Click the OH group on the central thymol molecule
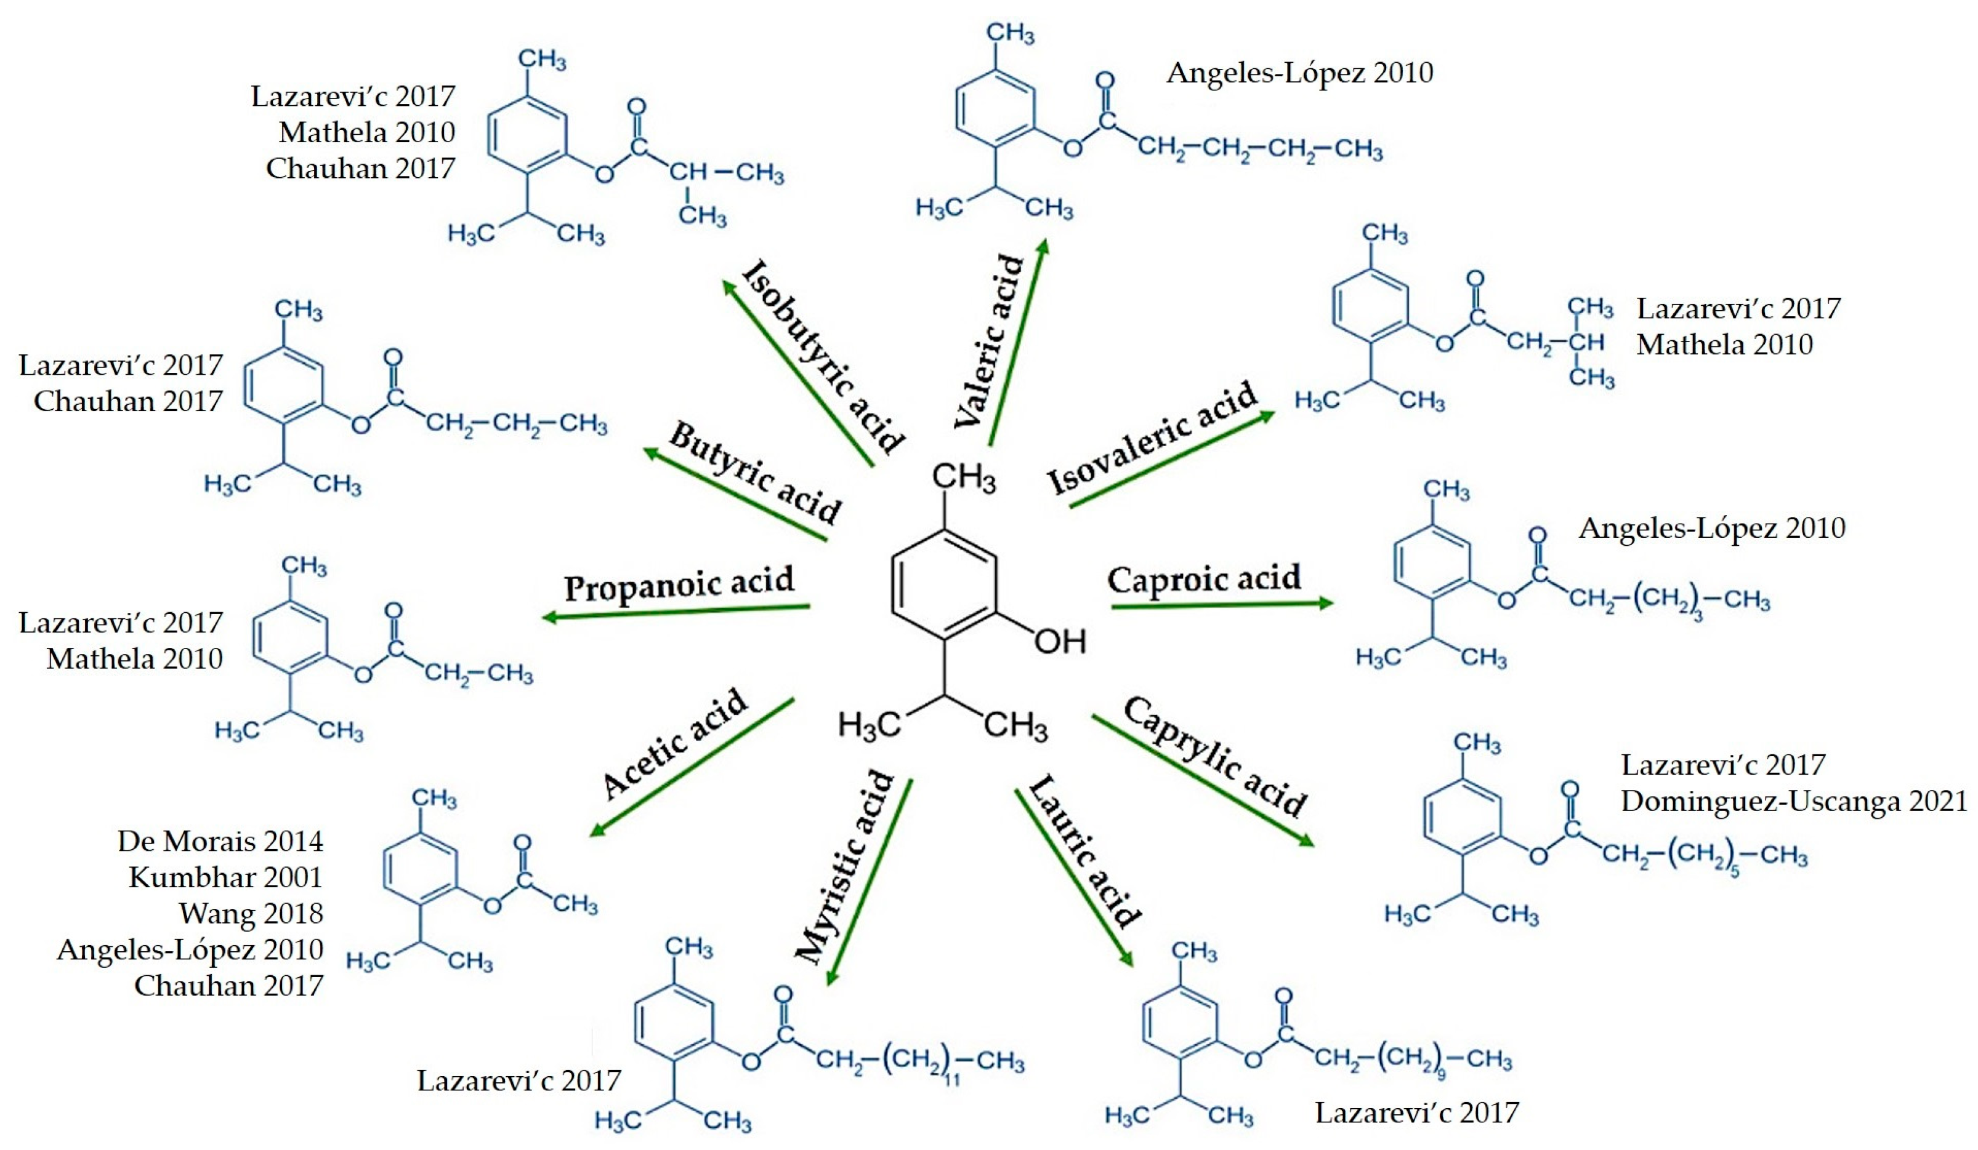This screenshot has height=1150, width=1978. click(x=1060, y=641)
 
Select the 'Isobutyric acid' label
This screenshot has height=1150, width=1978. click(x=823, y=357)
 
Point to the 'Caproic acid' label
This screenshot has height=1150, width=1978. click(x=1203, y=580)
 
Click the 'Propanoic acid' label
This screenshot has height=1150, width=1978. click(x=679, y=584)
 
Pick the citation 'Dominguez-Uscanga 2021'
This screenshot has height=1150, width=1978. click(x=1793, y=801)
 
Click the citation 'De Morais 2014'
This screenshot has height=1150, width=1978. click(x=220, y=842)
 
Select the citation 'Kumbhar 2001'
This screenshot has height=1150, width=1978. click(x=225, y=877)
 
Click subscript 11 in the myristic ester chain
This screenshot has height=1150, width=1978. click(x=951, y=1080)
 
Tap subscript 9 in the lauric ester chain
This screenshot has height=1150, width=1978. click(x=1441, y=1076)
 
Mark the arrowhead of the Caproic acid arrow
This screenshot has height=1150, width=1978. click(x=1326, y=602)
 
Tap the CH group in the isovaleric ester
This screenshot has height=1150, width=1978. click(x=1586, y=343)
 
